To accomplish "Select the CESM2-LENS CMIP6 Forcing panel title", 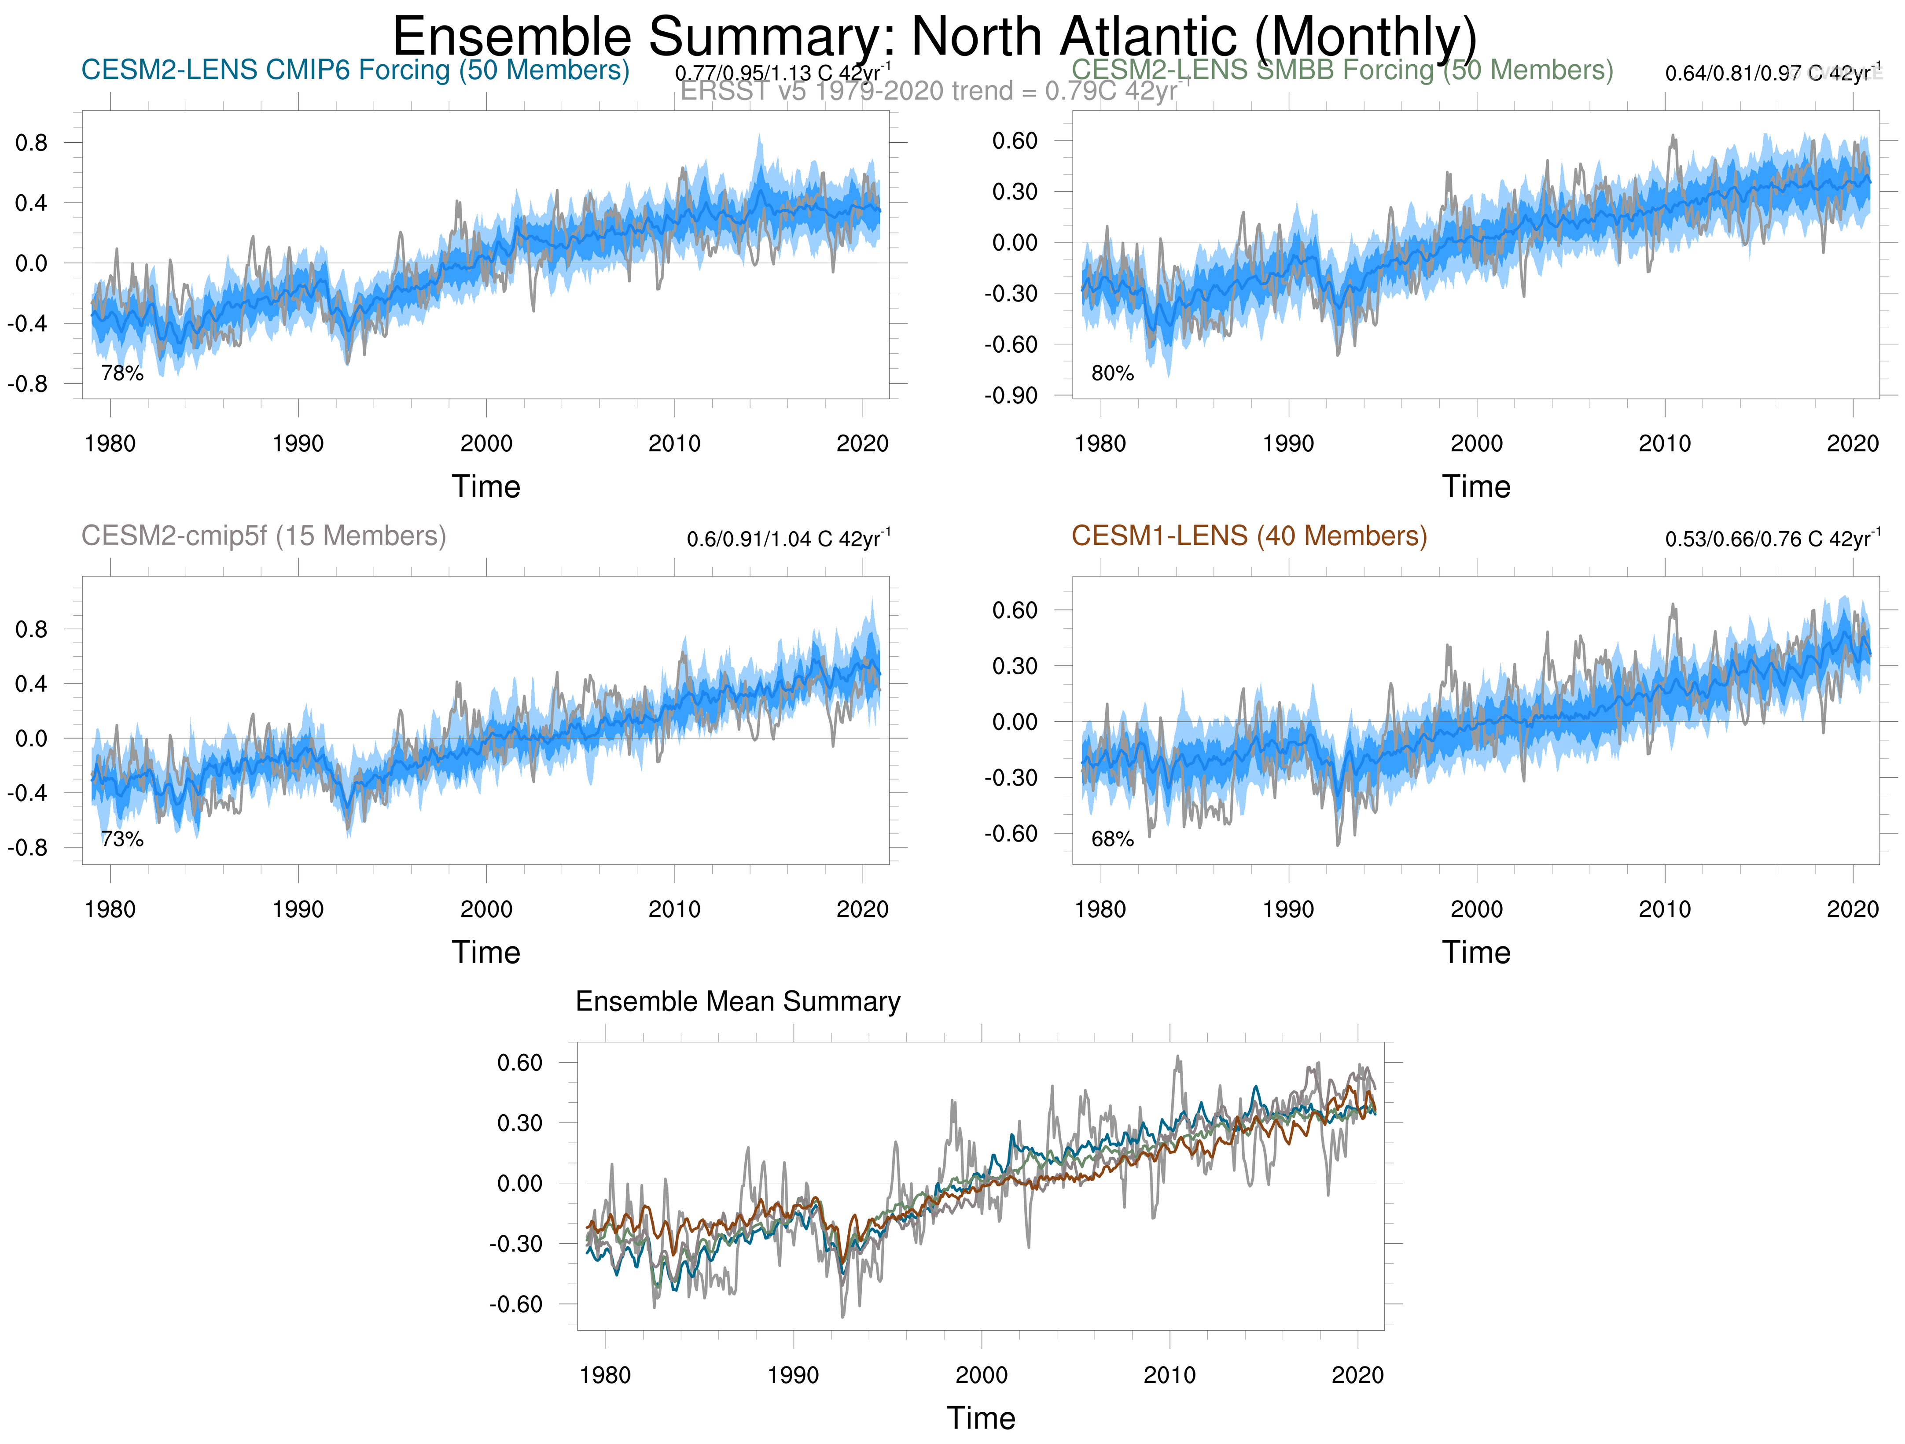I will pos(355,70).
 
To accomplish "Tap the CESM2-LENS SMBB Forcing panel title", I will pos(1342,70).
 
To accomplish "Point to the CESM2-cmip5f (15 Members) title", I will pos(264,536).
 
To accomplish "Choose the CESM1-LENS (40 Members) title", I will pos(1249,536).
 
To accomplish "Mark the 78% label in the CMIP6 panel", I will pos(122,373).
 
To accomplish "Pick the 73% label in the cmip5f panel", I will pos(122,839).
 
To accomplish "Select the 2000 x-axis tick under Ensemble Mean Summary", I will pos(981,1374).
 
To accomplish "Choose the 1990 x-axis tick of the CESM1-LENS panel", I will pos(1288,909).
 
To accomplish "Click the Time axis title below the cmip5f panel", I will pos(486,952).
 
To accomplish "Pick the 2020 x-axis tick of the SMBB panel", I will pos(1853,444).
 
